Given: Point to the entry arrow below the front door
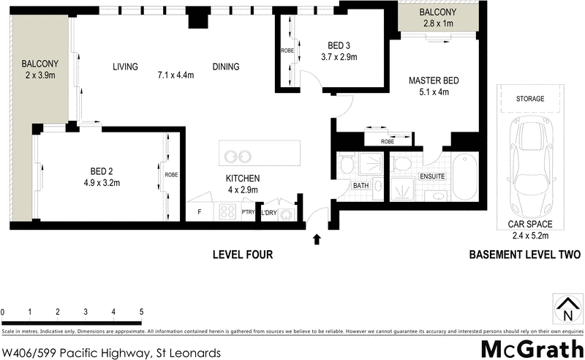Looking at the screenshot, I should (x=317, y=239).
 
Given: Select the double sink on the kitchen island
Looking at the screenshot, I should (x=239, y=156).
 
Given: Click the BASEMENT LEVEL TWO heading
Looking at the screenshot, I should (x=524, y=255).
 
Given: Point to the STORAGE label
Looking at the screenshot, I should (x=529, y=98).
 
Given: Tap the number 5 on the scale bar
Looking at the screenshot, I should (x=141, y=312).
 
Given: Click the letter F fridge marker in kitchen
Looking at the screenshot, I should (x=200, y=213).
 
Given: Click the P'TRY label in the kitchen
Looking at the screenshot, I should (x=248, y=214).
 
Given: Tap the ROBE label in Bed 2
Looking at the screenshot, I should (x=172, y=176).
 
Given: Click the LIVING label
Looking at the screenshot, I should (x=125, y=67).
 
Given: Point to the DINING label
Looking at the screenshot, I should (x=226, y=67).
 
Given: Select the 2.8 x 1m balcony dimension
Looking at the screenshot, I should (x=437, y=24).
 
